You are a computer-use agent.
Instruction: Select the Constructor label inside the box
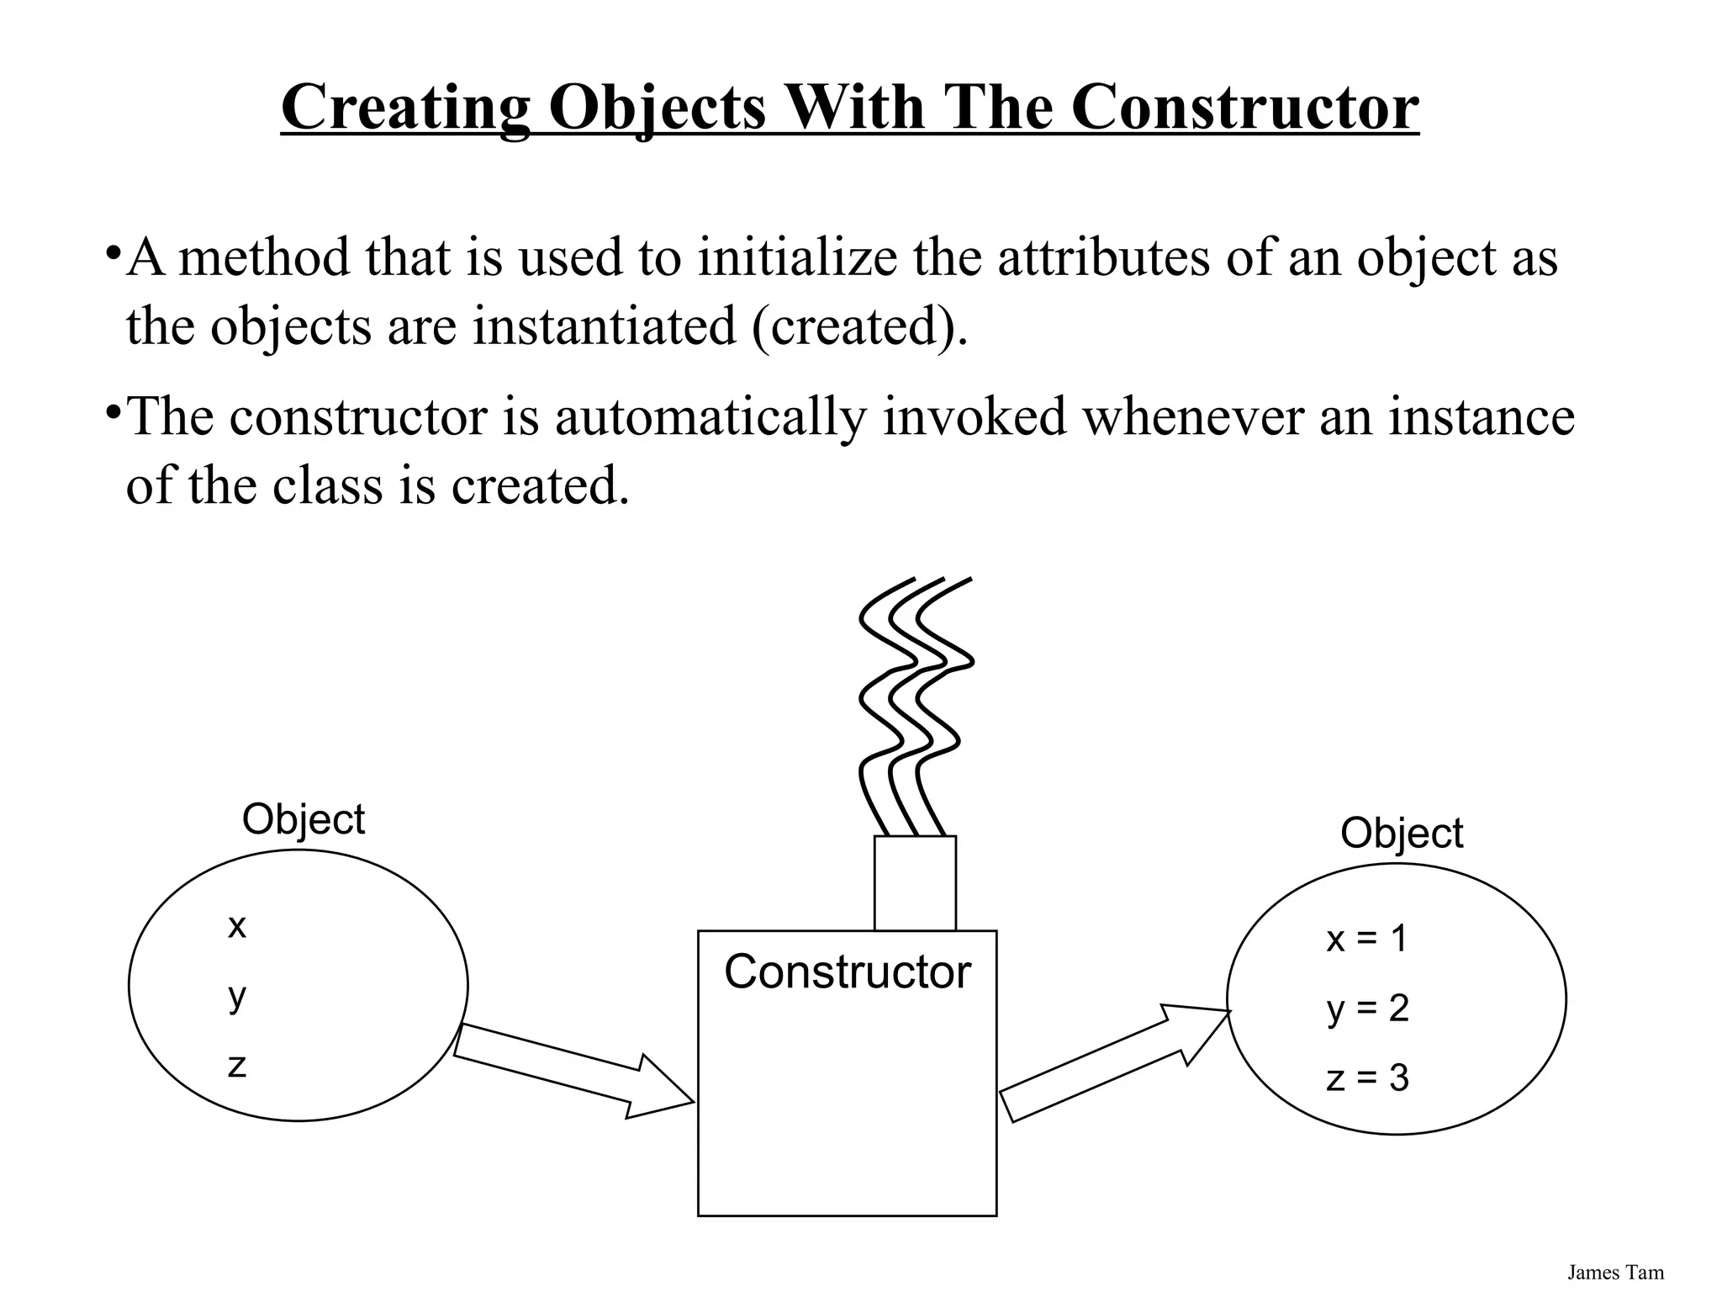847,972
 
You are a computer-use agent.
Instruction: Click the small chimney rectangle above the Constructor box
915,883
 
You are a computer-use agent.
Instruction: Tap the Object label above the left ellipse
303,819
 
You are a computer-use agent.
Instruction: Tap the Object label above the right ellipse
1401,834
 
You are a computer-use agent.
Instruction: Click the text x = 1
1366,939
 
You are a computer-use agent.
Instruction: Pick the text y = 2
1367,1009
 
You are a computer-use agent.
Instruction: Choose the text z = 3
1367,1078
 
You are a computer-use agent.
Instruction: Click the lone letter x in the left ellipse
237,926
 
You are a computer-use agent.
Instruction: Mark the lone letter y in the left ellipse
237,997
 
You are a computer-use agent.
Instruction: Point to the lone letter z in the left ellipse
237,1066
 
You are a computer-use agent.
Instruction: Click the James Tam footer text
1615,1273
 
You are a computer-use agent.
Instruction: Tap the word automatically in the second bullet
710,416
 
